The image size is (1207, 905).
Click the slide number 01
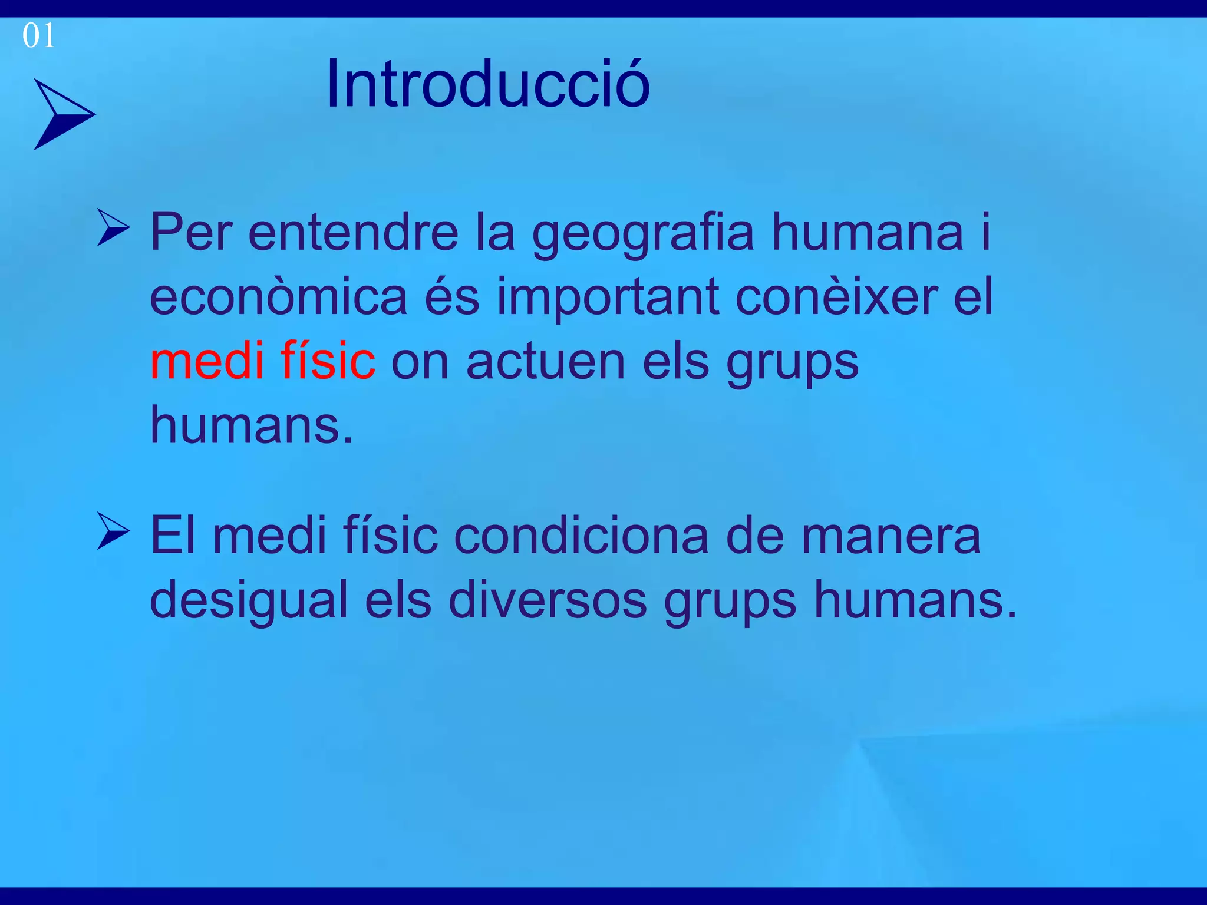[x=38, y=36]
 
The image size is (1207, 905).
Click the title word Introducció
[x=488, y=84]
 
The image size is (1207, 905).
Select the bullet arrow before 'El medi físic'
[x=113, y=531]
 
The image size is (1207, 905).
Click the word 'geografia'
[x=643, y=233]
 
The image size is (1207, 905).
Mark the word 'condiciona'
[x=581, y=536]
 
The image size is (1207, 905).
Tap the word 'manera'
[x=891, y=536]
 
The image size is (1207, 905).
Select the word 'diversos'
[x=548, y=600]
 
